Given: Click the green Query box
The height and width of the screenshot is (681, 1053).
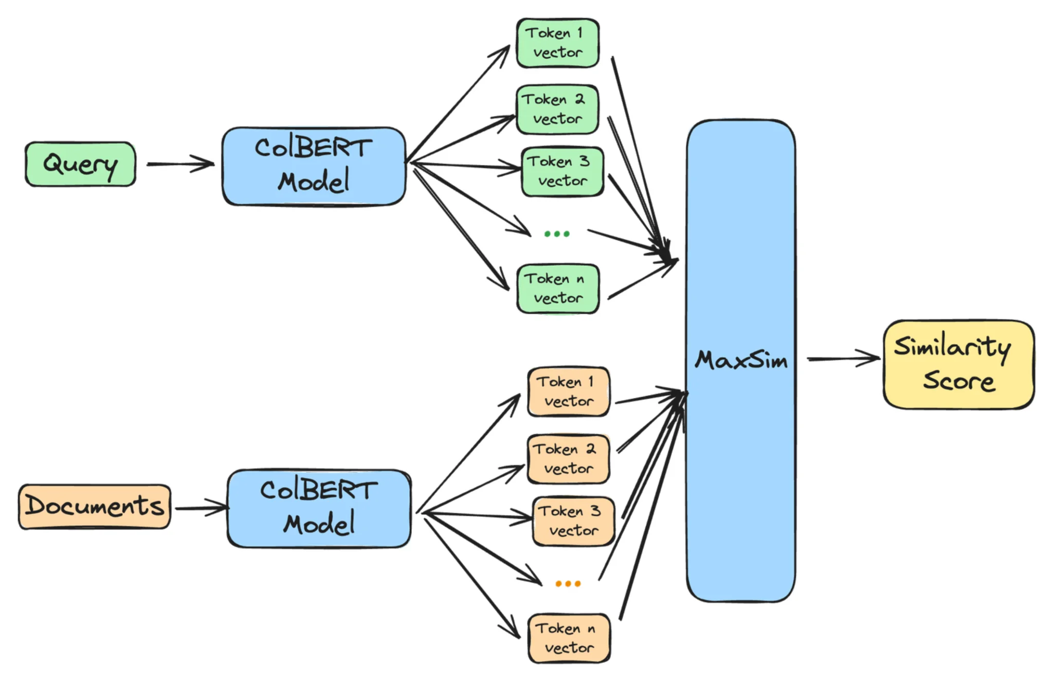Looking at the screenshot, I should [x=80, y=164].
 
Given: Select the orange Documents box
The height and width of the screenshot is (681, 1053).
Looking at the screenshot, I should [x=95, y=507].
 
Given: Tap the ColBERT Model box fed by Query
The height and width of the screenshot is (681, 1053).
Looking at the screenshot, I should [x=314, y=166].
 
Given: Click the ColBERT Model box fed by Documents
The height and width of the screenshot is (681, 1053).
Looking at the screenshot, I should [x=319, y=508].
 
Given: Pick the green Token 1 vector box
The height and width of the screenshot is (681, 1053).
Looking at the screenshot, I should [x=557, y=43].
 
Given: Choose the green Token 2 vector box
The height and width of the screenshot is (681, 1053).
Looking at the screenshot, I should [x=557, y=110].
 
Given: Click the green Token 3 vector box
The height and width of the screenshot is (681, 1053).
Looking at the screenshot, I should [x=562, y=172].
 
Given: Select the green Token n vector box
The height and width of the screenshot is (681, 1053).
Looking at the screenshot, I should [x=558, y=289].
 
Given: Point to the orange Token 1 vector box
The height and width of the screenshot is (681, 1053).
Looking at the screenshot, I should [x=569, y=392].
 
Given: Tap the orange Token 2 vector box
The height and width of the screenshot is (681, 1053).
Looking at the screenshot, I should [x=569, y=459].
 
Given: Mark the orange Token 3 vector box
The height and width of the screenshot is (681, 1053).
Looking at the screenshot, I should [x=573, y=521].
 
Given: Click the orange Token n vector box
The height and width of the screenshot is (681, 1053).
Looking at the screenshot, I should [x=569, y=638].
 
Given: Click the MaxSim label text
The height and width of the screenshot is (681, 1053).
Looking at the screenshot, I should [x=741, y=360].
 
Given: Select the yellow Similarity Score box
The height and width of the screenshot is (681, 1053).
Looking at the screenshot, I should [x=958, y=365].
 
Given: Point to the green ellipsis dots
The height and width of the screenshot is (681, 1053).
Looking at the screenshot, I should [x=557, y=234].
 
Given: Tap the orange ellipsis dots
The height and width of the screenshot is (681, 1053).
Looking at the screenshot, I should [x=568, y=584].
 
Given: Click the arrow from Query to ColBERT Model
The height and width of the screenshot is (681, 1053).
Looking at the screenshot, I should [x=180, y=164].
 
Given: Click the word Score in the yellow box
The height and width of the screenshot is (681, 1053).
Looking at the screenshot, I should [x=958, y=382].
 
